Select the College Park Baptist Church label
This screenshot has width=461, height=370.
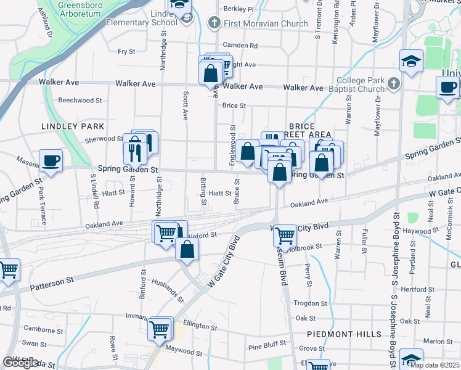361,86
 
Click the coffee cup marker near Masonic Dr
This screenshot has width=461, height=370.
51,160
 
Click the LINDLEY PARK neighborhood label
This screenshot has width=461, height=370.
65,126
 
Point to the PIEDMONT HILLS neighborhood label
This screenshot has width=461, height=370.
345,334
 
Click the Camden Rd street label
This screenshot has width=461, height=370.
240,46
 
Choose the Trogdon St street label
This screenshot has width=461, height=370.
310,303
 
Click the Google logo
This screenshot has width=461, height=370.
20,363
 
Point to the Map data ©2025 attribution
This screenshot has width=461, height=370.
434,364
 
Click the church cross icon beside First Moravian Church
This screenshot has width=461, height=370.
214,24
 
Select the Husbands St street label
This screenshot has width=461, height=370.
167,290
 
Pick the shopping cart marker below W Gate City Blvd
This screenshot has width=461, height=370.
285,235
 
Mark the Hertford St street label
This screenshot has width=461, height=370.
414,289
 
